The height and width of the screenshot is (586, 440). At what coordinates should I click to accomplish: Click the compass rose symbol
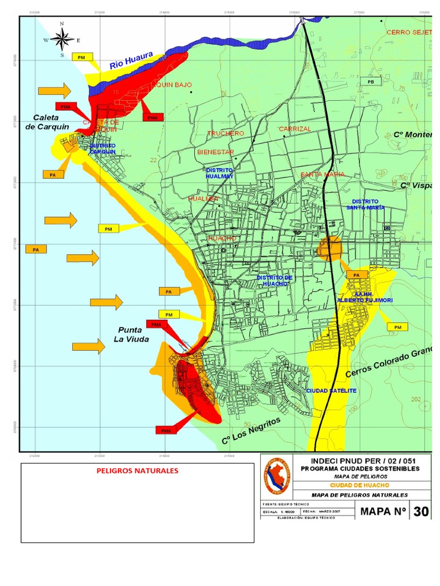pyautogui.click(x=62, y=39)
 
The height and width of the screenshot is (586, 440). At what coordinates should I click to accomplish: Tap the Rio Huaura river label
pyautogui.click(x=131, y=60)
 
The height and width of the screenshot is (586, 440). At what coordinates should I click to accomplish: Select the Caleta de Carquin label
pyautogui.click(x=47, y=122)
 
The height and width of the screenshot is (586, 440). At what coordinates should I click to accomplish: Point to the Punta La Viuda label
pyautogui.click(x=133, y=334)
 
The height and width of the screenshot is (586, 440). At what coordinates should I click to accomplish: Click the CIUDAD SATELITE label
pyautogui.click(x=331, y=390)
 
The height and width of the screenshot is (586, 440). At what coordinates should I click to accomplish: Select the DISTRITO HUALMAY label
pyautogui.click(x=219, y=173)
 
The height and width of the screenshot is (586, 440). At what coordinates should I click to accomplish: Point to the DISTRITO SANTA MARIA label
pyautogui.click(x=365, y=204)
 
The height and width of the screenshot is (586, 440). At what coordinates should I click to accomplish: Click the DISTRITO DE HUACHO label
pyautogui.click(x=274, y=280)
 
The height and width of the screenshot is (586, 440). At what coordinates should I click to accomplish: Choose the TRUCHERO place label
pyautogui.click(x=225, y=133)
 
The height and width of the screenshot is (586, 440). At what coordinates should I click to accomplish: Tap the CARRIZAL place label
pyautogui.click(x=295, y=129)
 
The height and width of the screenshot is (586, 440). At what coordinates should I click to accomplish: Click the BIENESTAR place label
pyautogui.click(x=215, y=152)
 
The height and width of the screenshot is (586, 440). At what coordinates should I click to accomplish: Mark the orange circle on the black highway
pyautogui.click(x=330, y=249)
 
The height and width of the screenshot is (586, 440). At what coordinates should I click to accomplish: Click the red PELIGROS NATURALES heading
pyautogui.click(x=137, y=471)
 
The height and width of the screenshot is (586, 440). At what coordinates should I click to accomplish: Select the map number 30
pyautogui.click(x=421, y=511)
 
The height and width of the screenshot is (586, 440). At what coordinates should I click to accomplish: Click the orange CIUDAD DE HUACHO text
pyautogui.click(x=359, y=485)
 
